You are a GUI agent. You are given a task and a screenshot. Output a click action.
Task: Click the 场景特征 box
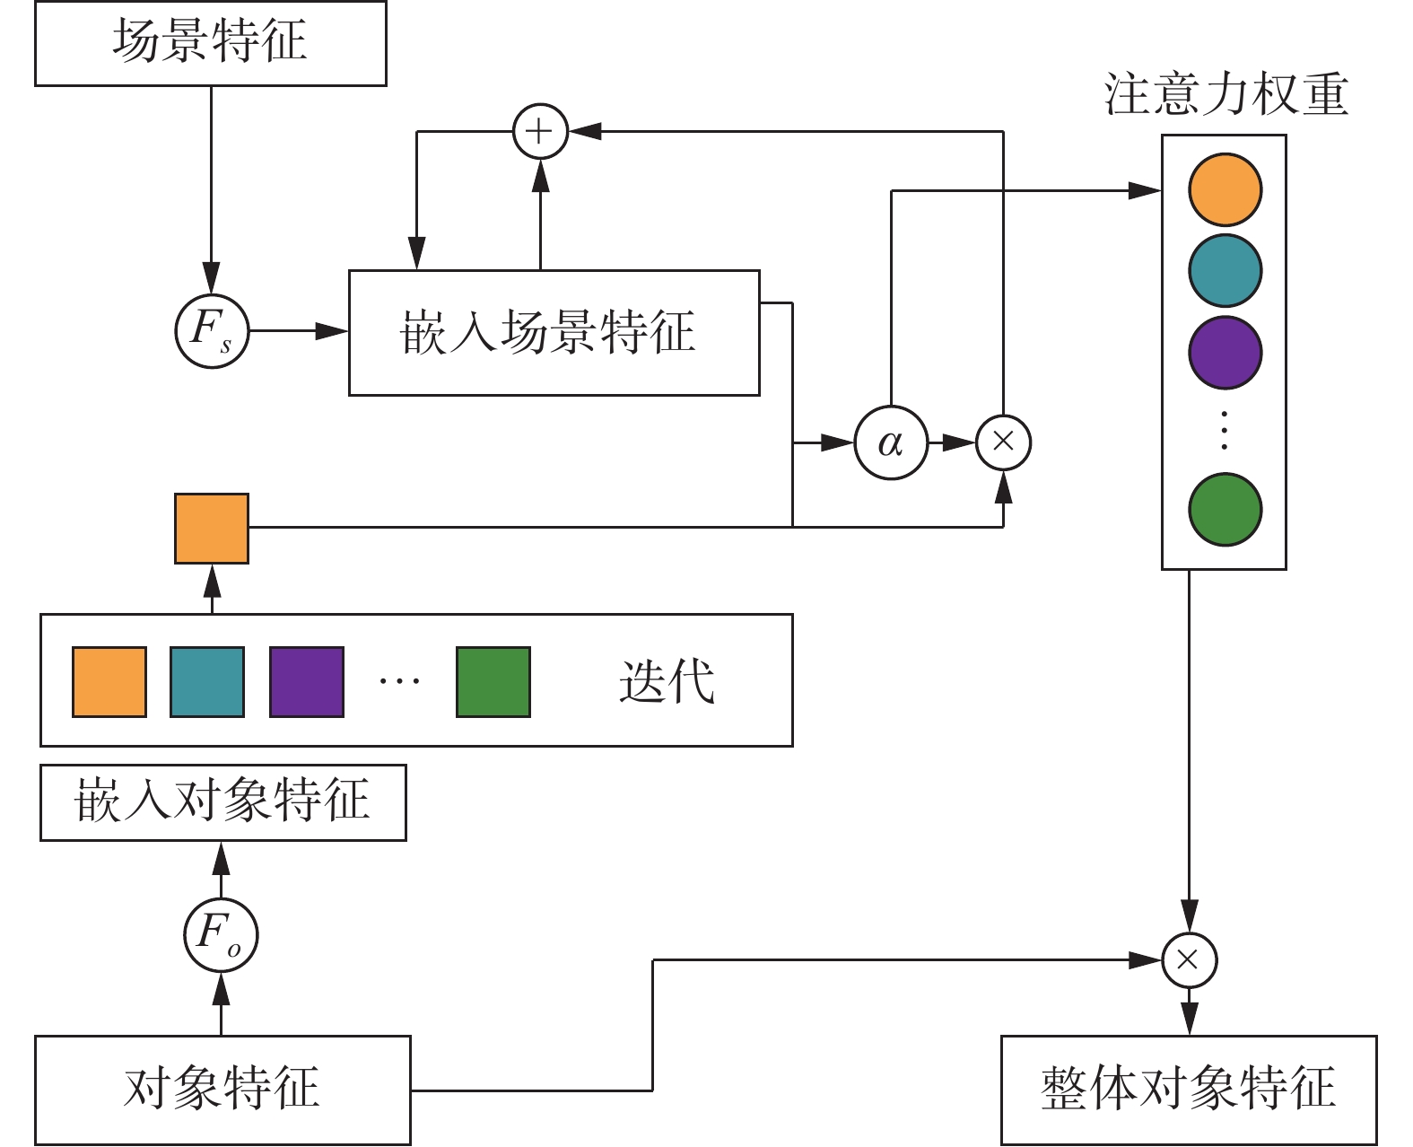[211, 43]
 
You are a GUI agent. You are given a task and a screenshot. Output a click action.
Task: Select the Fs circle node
[212, 331]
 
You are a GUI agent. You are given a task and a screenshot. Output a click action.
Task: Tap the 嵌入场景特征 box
[554, 332]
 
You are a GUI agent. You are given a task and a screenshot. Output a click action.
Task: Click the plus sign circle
[540, 132]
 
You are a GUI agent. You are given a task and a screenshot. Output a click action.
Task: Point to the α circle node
[891, 442]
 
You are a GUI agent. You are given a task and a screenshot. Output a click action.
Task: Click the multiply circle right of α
[1003, 442]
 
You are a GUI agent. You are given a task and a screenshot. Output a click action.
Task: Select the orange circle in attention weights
[1225, 189]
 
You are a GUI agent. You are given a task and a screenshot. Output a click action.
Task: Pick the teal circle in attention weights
[1225, 270]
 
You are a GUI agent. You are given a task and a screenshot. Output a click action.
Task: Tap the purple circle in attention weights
[1225, 352]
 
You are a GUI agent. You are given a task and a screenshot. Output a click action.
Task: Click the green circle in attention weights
[1225, 509]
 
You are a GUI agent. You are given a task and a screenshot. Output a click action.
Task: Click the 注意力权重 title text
[1225, 94]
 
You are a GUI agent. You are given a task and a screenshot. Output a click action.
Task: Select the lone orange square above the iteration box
[212, 528]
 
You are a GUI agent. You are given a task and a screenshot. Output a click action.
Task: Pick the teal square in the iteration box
[207, 682]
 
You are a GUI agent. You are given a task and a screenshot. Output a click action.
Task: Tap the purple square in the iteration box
[307, 682]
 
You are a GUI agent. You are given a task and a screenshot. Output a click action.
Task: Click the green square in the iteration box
[493, 682]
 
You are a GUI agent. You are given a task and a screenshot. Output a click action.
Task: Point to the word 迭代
[667, 682]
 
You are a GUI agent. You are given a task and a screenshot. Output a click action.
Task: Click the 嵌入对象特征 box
[222, 801]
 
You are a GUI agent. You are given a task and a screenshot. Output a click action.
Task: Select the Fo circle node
[221, 934]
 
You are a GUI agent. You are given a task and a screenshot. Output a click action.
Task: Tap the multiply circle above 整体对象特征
[1189, 959]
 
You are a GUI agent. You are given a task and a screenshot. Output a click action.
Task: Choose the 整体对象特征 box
[1188, 1090]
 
